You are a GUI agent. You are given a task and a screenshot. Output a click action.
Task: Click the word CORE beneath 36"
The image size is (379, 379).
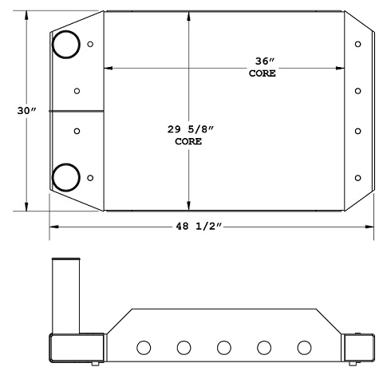pyautogui.click(x=262, y=73)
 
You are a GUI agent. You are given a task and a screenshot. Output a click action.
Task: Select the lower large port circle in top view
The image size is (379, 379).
pyautogui.click(x=65, y=176)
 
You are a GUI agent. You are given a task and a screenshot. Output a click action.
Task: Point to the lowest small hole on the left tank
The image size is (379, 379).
pyautogui.click(x=90, y=176)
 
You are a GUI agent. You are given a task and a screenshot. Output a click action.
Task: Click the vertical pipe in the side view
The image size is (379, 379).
pyautogui.click(x=65, y=295)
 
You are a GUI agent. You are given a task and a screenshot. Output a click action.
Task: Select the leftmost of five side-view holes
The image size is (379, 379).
pyautogui.click(x=144, y=348)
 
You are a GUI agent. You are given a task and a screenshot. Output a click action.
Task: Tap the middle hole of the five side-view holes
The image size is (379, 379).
pyautogui.click(x=223, y=348)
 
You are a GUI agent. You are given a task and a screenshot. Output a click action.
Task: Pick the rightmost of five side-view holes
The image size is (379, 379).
pyautogui.click(x=303, y=348)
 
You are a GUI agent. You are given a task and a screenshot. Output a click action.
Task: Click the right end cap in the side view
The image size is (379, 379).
pyautogui.click(x=357, y=349)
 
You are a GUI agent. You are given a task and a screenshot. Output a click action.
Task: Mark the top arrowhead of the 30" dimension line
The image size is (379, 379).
pyautogui.click(x=28, y=14)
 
